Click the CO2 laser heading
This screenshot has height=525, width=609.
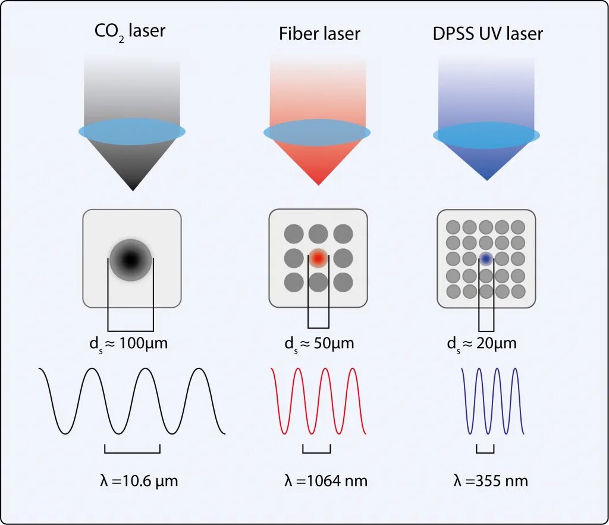click(x=130, y=31)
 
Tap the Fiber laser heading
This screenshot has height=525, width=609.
click(x=319, y=34)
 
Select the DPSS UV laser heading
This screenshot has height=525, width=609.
click(x=488, y=34)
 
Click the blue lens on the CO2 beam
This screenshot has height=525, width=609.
click(x=132, y=131)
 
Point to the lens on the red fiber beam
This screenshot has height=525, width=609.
click(x=317, y=132)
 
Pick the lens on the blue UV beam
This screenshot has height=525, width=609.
click(x=486, y=135)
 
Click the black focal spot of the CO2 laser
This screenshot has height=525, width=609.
click(x=131, y=259)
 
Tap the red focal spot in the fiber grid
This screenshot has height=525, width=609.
click(x=318, y=258)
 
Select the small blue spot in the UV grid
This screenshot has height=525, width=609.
click(x=486, y=259)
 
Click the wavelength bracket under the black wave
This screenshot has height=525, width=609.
click(x=132, y=451)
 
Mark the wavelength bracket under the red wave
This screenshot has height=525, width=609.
click(x=316, y=451)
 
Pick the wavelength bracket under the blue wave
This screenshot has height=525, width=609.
click(x=485, y=451)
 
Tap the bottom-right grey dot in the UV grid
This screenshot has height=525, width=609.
click(x=519, y=292)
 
